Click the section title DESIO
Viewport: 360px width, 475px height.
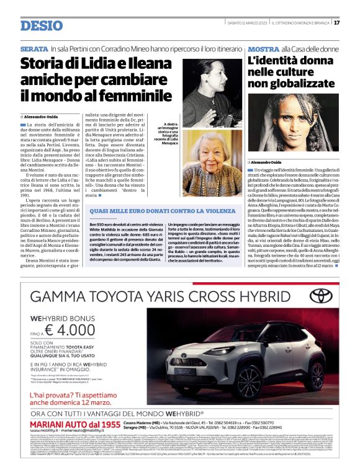[41, 25]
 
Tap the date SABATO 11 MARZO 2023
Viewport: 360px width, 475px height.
[251, 22]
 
